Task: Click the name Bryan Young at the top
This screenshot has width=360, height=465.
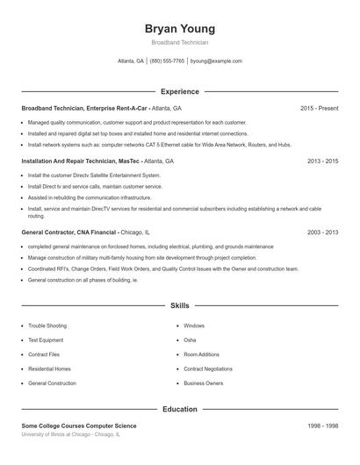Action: tap(179, 29)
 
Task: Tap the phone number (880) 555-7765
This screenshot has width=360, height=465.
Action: tap(167, 61)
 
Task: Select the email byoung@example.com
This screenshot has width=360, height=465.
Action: tap(216, 61)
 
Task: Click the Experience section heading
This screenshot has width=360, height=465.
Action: tap(179, 91)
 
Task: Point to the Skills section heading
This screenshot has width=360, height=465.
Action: tap(179, 305)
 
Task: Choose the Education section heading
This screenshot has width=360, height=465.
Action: tap(179, 409)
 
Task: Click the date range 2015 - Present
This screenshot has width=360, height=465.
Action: tap(319, 108)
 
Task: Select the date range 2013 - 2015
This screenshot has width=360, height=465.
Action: tap(322, 161)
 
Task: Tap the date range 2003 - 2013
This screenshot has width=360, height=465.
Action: tap(322, 232)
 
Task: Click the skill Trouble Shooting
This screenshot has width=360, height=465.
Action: tap(47, 325)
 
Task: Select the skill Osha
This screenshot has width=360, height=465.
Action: tap(190, 340)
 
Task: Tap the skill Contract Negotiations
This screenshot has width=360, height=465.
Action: tap(208, 368)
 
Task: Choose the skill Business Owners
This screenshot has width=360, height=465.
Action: tap(203, 383)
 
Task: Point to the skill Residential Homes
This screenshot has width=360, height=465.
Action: tap(49, 368)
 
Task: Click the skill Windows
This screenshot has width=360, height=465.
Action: tap(194, 325)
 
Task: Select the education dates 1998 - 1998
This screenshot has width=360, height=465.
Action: tap(322, 426)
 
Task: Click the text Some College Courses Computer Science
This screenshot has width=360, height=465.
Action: tap(79, 426)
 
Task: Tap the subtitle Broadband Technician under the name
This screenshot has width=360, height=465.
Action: tap(179, 42)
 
